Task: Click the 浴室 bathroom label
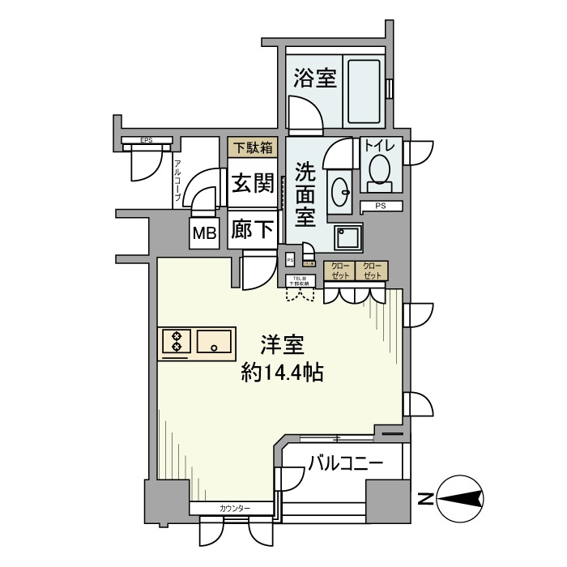(x=315, y=79)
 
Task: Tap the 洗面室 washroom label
(x=305, y=194)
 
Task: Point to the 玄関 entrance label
(x=252, y=183)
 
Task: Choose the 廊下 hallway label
(x=252, y=230)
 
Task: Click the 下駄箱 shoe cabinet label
(x=252, y=147)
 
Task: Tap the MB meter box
(x=204, y=234)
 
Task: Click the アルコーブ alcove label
(x=177, y=181)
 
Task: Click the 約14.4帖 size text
(x=283, y=373)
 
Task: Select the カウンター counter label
(x=235, y=508)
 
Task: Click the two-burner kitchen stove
(x=176, y=341)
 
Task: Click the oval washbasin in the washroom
(x=339, y=191)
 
